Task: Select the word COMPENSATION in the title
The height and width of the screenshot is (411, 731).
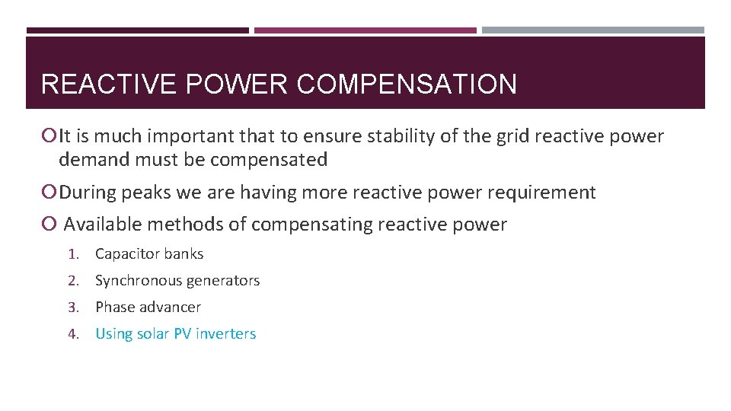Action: (x=407, y=84)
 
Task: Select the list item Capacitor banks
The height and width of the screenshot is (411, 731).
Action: (x=149, y=254)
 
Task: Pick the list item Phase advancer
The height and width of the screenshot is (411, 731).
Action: (x=148, y=307)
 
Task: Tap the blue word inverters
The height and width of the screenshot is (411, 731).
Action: (x=226, y=334)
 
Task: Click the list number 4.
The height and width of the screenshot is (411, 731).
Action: (x=73, y=334)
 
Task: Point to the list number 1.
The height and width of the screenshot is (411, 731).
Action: (x=73, y=254)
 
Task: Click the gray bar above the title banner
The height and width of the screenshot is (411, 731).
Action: (x=593, y=30)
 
